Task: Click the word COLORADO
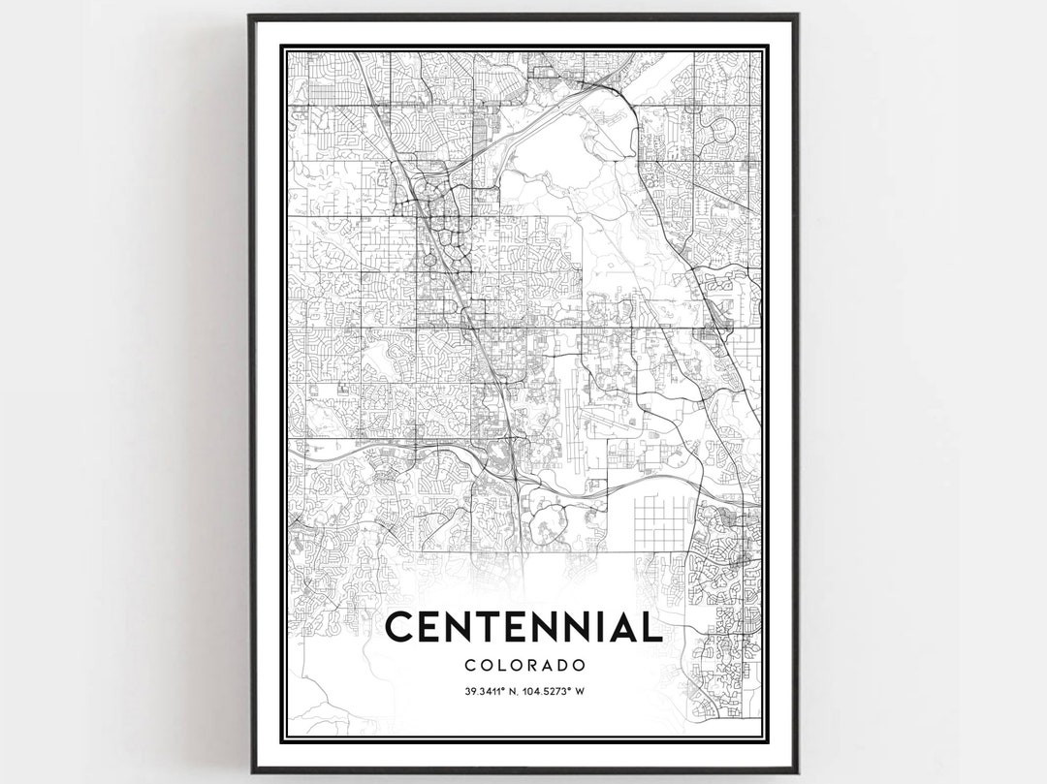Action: pos(524,666)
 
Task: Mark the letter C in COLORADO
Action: pos(469,666)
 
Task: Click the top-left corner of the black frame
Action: pos(250,16)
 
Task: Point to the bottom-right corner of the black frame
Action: pos(796,771)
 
